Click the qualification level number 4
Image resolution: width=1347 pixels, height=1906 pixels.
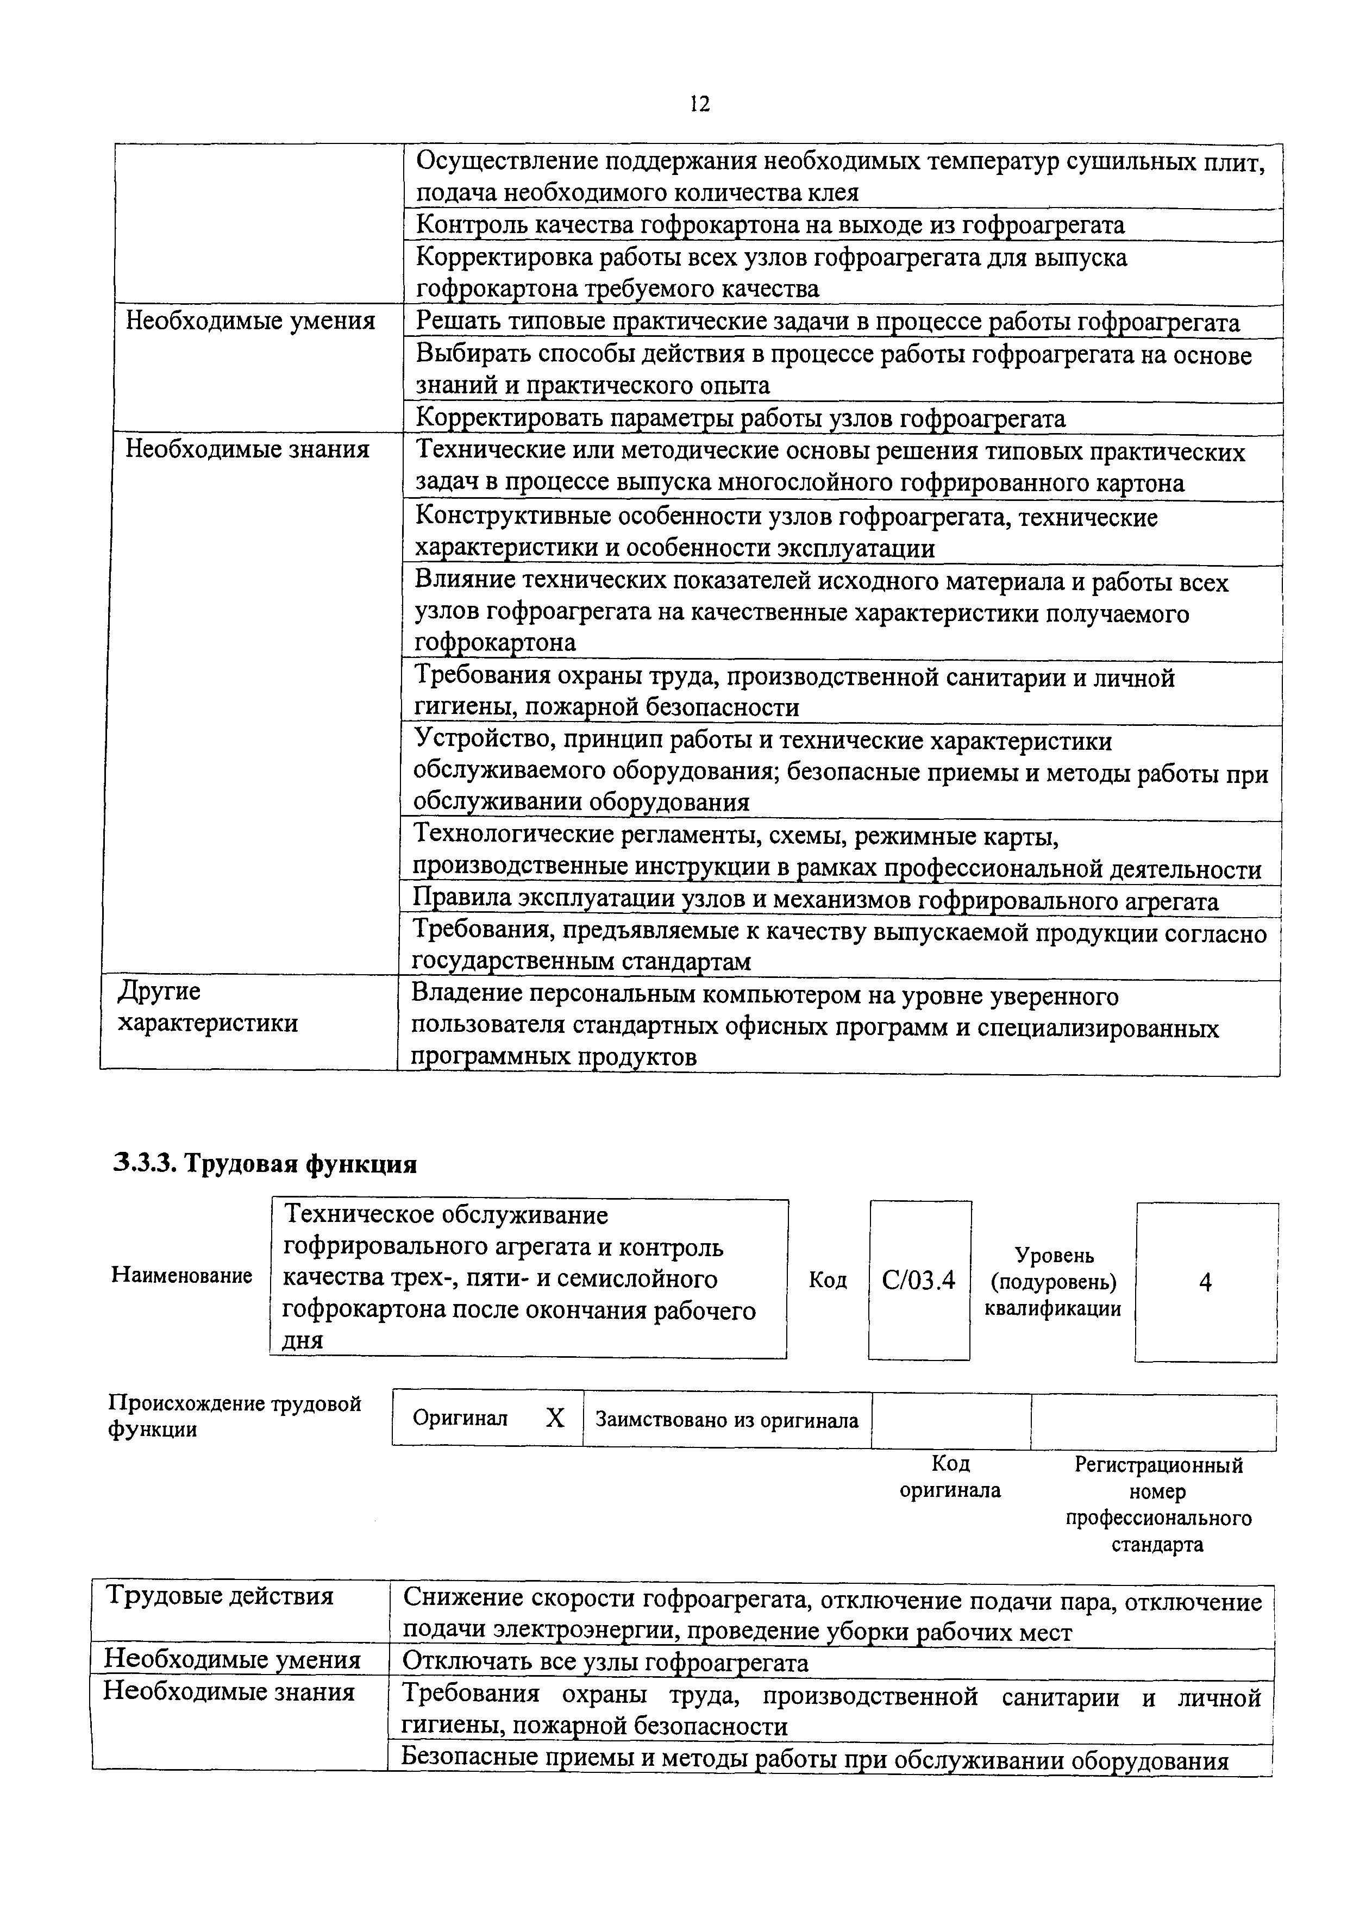(x=1205, y=1283)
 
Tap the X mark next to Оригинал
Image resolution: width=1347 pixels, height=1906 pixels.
(x=554, y=1419)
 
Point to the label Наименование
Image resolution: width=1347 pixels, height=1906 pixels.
(x=182, y=1276)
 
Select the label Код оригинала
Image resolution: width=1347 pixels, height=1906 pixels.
(x=950, y=1477)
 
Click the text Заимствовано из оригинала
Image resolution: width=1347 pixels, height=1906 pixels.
(x=726, y=1420)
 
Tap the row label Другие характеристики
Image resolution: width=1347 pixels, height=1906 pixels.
(x=208, y=1007)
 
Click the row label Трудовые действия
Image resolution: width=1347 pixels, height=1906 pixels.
(x=219, y=1596)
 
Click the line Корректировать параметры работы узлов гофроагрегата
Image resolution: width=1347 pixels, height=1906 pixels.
(x=740, y=418)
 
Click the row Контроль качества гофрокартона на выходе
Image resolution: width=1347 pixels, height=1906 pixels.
(x=769, y=225)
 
